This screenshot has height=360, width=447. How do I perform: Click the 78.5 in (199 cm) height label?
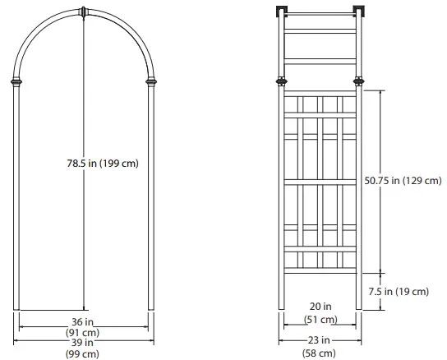click(x=102, y=163)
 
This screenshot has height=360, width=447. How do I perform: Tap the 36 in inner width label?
click(x=82, y=321)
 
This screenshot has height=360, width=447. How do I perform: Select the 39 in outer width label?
click(x=82, y=343)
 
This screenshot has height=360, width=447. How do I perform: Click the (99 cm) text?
click(x=82, y=353)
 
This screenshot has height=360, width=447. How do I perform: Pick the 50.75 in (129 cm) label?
click(x=402, y=180)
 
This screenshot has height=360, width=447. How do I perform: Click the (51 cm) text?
click(x=320, y=319)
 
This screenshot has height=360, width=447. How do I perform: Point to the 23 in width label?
click(x=320, y=339)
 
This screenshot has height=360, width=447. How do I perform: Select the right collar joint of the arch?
click(x=150, y=82)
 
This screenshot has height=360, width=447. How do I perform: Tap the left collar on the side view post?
click(x=282, y=81)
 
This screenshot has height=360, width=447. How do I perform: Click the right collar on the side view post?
click(x=359, y=81)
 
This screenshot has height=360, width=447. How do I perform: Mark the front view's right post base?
click(x=150, y=306)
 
